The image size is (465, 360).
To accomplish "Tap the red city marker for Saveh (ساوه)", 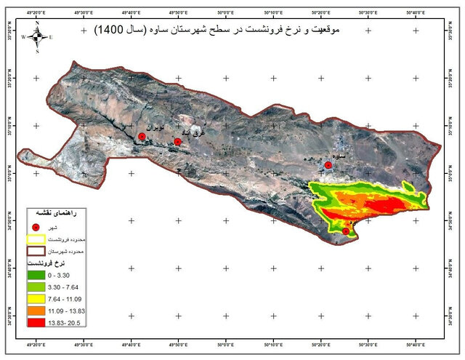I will tap(328, 166).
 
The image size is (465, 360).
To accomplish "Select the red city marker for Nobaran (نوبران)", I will tap(142, 137).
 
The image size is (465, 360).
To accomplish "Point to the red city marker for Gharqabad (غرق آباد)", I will tap(178, 142).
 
